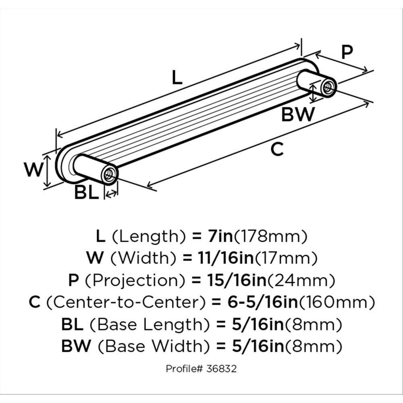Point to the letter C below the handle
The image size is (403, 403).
tap(278, 150)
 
